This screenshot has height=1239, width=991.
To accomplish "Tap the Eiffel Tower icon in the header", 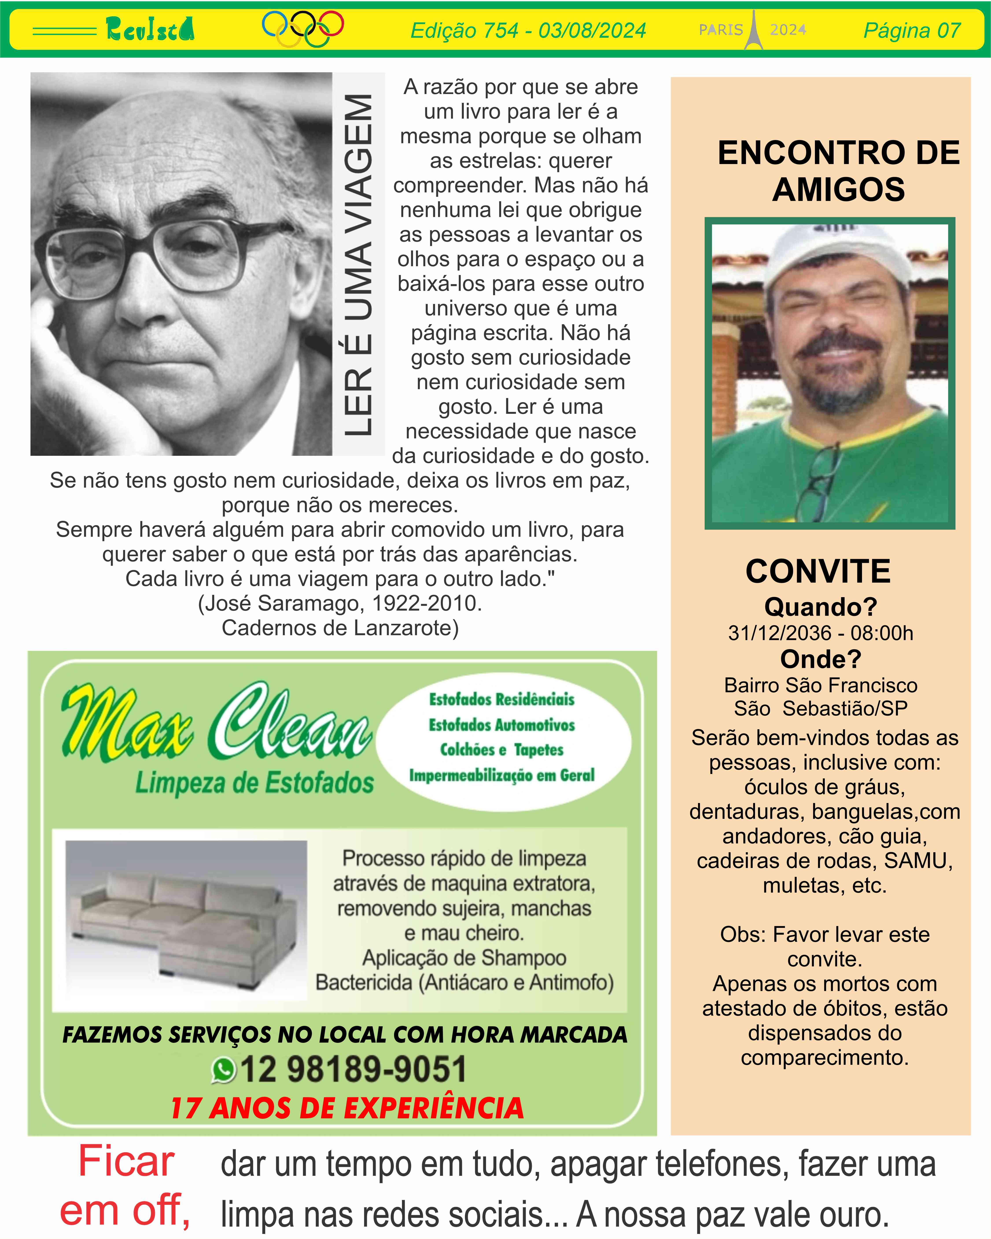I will pyautogui.click(x=754, y=30).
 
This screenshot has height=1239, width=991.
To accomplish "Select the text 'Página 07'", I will pyautogui.click(x=912, y=30).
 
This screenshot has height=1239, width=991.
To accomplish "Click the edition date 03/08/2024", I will pyautogui.click(x=592, y=30).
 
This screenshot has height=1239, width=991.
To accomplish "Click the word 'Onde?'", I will pyautogui.click(x=820, y=659).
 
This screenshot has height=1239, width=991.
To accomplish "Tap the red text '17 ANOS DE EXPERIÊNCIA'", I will pyautogui.click(x=347, y=1108).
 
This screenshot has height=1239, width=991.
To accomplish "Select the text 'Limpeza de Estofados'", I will pyautogui.click(x=254, y=783).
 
